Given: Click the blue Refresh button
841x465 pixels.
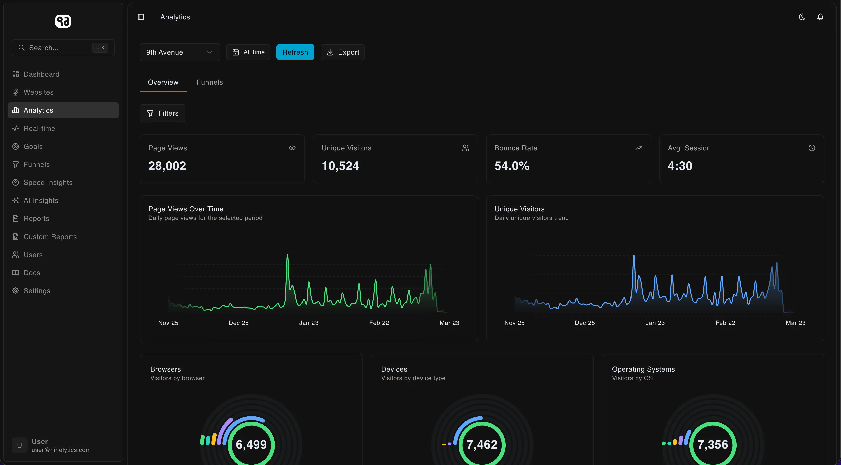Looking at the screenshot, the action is coord(295,52).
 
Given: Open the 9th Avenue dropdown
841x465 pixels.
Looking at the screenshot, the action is coord(180,52).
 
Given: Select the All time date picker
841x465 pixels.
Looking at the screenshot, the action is coord(248,52).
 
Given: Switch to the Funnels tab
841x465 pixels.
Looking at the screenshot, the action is coord(209,82).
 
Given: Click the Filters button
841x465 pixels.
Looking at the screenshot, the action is coord(163,113).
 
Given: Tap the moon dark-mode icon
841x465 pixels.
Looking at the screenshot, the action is coord(802,17).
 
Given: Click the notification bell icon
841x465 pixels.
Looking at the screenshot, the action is coord(820,17).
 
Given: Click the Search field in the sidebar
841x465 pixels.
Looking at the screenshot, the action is coord(63,48).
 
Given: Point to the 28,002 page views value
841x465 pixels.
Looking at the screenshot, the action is coord(167,166).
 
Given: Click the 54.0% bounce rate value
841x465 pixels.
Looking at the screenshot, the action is coord(512,166).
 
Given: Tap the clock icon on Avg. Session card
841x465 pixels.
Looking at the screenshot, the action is coord(812,148).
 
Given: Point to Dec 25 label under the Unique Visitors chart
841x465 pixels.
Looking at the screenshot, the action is coord(585,323).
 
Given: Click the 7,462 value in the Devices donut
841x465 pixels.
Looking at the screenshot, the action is coord(482,444).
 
